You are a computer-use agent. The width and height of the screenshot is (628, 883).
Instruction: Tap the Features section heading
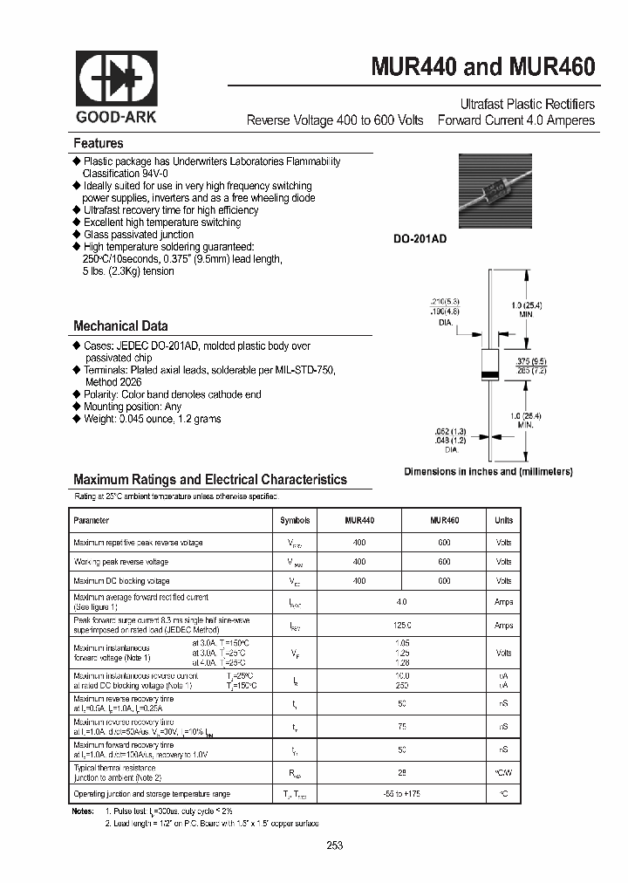click(98, 143)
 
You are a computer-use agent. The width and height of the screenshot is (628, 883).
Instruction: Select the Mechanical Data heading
click(120, 326)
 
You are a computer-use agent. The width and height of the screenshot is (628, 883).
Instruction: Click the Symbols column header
click(295, 520)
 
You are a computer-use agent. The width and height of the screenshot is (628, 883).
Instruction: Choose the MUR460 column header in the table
click(445, 520)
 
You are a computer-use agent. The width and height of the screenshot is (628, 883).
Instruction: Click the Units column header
click(504, 520)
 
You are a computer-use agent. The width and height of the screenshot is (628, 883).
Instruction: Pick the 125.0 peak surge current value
click(401, 626)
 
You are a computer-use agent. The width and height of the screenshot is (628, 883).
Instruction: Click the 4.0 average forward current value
click(401, 602)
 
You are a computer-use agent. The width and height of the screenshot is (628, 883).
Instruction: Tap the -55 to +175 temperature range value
click(401, 794)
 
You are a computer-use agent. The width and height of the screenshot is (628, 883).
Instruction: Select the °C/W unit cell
click(504, 772)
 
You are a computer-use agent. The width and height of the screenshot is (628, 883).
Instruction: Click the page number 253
click(335, 845)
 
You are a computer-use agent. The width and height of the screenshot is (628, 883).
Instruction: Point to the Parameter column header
click(92, 520)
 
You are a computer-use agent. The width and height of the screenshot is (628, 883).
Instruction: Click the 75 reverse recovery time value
click(401, 726)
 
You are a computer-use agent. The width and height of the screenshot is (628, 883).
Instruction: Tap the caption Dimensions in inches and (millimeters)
click(488, 471)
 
